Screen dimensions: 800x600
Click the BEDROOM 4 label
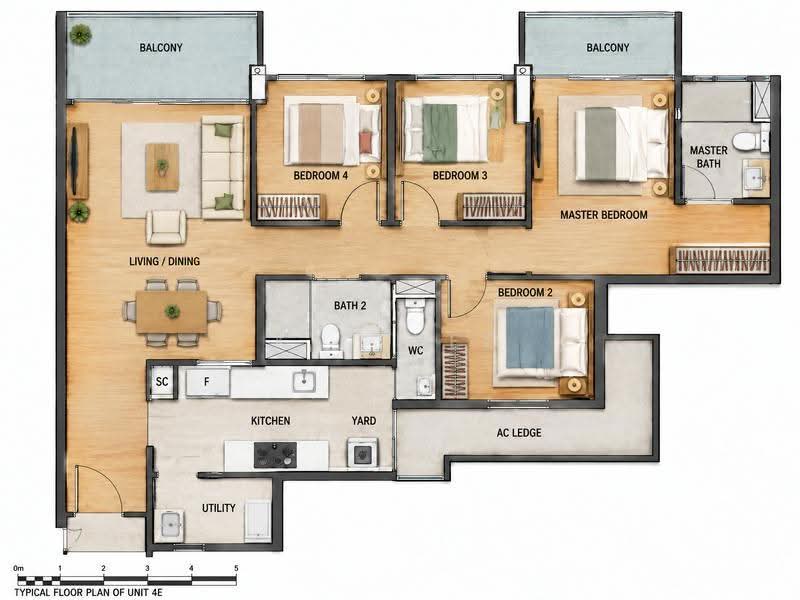[320, 176]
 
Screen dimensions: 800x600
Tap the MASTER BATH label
[709, 157]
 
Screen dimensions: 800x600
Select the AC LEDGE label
[519, 433]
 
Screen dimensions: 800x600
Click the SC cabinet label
[162, 382]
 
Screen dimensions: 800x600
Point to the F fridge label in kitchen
[206, 382]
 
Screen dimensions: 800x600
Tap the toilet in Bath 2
[331, 338]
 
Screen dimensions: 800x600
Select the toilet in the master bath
[746, 140]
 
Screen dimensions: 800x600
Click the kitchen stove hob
[275, 455]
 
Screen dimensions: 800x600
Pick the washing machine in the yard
[363, 453]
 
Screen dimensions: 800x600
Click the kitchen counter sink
[304, 381]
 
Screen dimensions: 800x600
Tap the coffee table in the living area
[162, 167]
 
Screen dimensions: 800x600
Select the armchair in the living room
[166, 227]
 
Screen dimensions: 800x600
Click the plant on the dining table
[172, 311]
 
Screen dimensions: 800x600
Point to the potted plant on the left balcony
[81, 35]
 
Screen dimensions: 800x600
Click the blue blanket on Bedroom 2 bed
[530, 337]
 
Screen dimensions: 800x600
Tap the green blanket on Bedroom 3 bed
[439, 133]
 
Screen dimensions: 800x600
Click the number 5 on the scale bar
[236, 568]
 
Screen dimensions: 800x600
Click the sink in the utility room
[170, 524]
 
